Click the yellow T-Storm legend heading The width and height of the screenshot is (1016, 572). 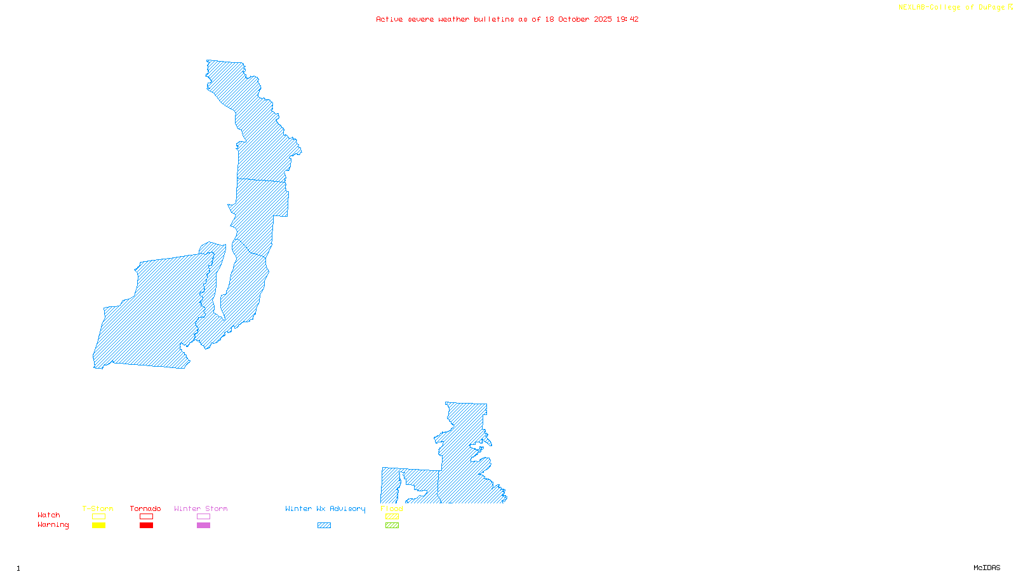click(x=98, y=508)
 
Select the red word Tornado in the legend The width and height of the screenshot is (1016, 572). click(x=145, y=508)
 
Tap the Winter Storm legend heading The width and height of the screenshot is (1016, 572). click(x=201, y=508)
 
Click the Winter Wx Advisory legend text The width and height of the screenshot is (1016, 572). click(x=325, y=508)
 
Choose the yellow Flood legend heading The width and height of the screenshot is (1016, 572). click(x=392, y=508)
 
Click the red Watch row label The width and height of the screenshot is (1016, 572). click(x=49, y=515)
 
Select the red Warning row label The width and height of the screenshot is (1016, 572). click(x=53, y=525)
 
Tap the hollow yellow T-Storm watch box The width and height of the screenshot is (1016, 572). click(x=98, y=517)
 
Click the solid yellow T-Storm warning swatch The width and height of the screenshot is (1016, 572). click(x=98, y=526)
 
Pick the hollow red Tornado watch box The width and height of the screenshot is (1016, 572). click(x=146, y=517)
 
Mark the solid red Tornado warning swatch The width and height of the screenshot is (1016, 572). click(x=146, y=526)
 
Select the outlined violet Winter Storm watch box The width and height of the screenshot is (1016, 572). click(x=203, y=517)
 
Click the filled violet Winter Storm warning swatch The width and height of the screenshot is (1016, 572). click(x=203, y=526)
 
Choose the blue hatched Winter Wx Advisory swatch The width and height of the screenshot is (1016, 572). click(x=324, y=526)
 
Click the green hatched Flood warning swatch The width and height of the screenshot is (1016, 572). click(x=392, y=526)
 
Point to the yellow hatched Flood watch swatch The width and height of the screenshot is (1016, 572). click(x=392, y=517)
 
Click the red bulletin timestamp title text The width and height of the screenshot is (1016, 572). click(x=507, y=19)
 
